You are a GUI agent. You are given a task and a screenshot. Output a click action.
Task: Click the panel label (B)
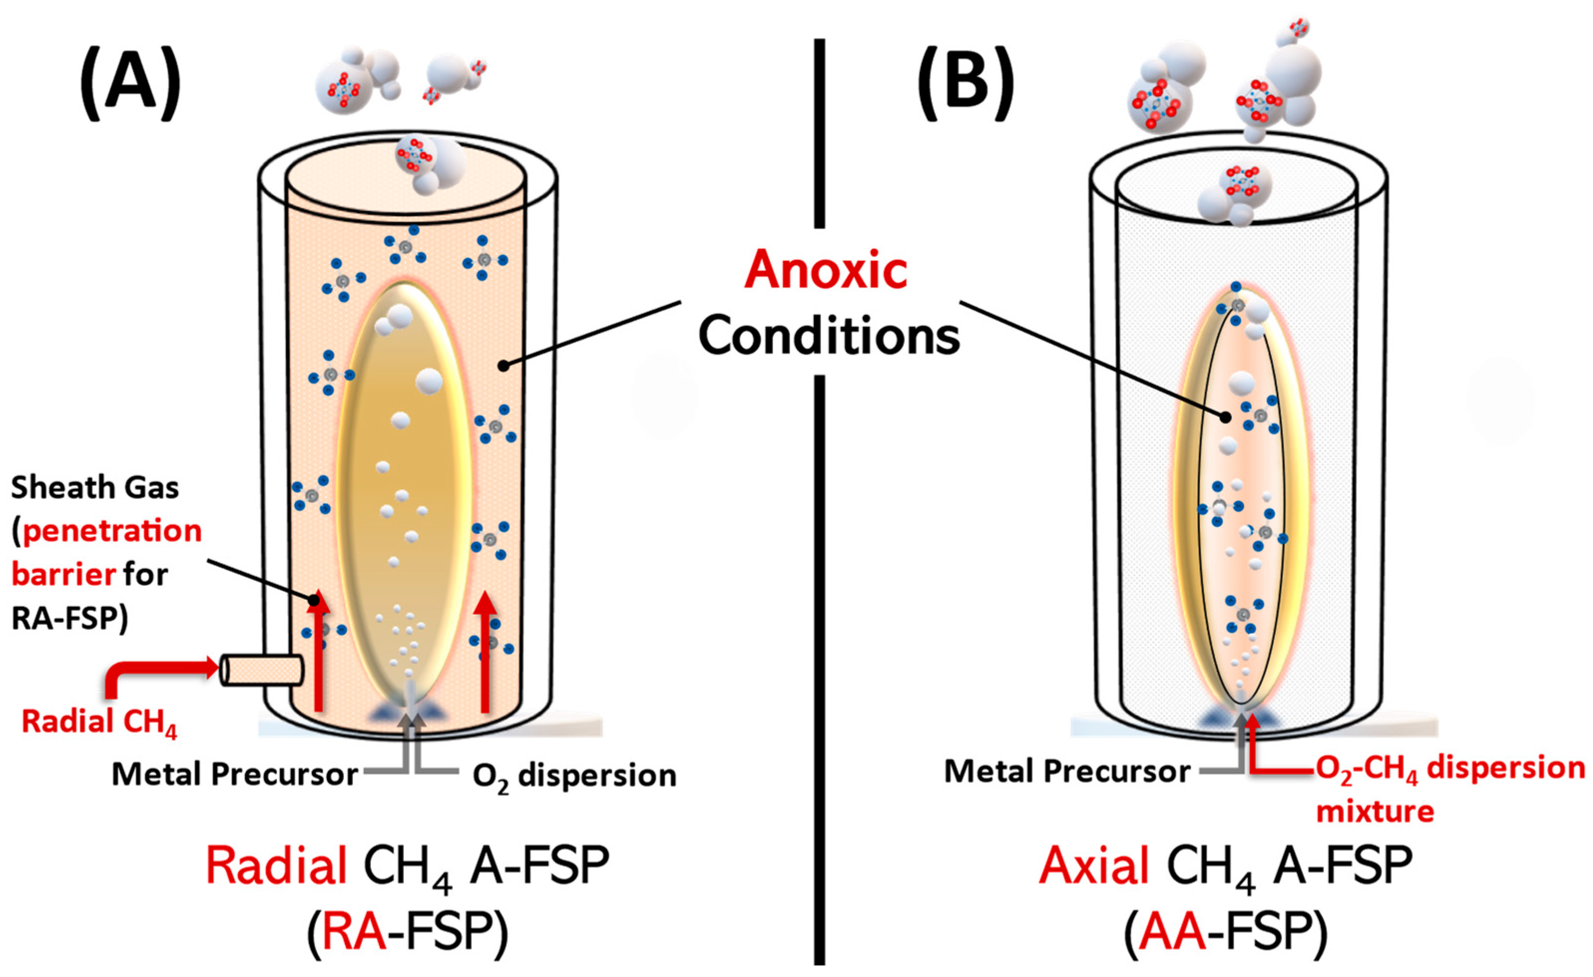pyautogui.click(x=965, y=84)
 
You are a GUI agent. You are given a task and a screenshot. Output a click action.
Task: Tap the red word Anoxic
pyautogui.click(x=826, y=270)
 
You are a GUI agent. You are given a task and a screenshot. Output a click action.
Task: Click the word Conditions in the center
pyautogui.click(x=829, y=336)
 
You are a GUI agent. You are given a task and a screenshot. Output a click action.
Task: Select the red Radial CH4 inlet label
pyautogui.click(x=98, y=722)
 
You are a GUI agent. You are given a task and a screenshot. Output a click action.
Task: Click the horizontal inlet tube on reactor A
pyautogui.click(x=262, y=670)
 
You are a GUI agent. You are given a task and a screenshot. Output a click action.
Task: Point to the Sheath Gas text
pyautogui.click(x=94, y=488)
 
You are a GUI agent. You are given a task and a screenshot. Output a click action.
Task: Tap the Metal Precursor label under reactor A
pyautogui.click(x=234, y=774)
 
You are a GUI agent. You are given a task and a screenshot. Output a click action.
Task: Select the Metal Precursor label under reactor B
pyautogui.click(x=1067, y=771)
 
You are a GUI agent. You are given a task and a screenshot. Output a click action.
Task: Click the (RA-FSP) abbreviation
pyautogui.click(x=407, y=933)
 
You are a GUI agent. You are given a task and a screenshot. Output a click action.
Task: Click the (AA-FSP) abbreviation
pyautogui.click(x=1225, y=933)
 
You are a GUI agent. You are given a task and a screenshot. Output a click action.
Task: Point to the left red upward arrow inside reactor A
pyautogui.click(x=317, y=653)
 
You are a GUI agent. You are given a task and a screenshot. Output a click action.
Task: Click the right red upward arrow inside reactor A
pyautogui.click(x=485, y=653)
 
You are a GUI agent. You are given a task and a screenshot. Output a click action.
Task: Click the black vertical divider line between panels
pyautogui.click(x=820, y=647)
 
